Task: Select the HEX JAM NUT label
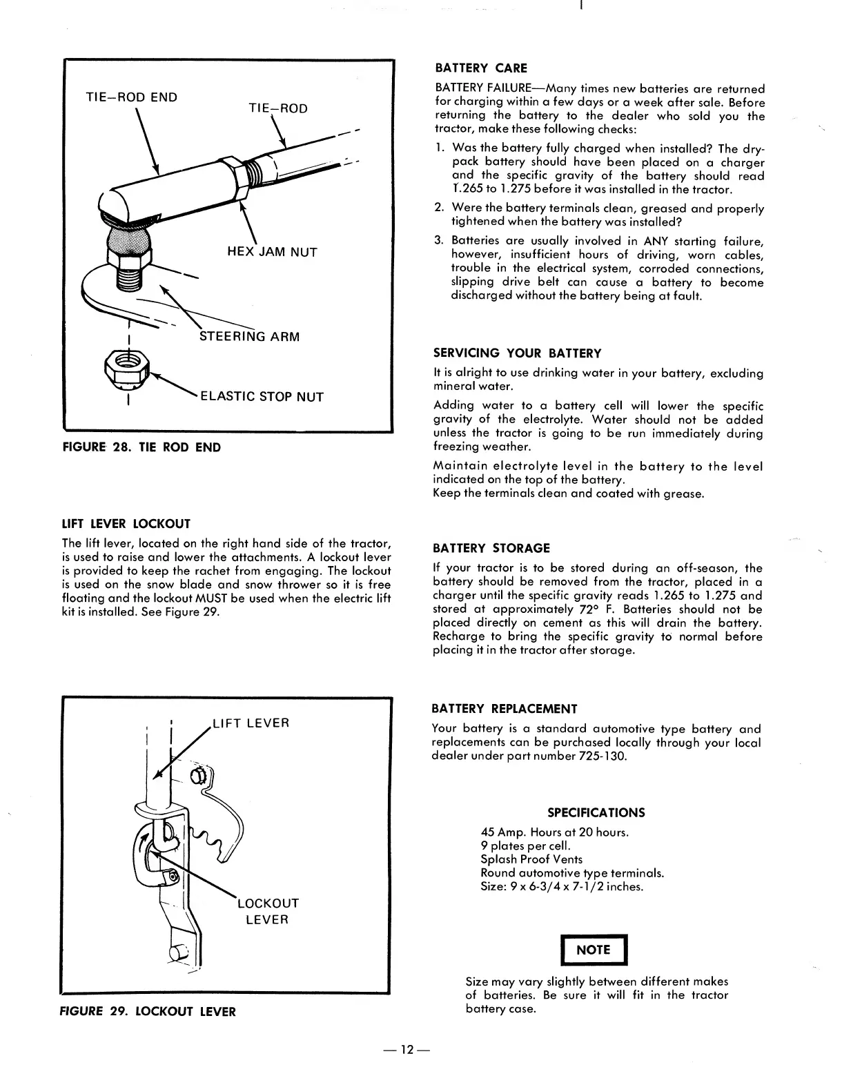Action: (x=272, y=252)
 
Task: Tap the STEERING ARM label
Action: (x=249, y=337)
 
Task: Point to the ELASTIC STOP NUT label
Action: (x=262, y=397)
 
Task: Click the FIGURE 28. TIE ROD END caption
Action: (x=141, y=447)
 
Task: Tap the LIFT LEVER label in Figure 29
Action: (x=251, y=723)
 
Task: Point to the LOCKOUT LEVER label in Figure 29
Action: (x=268, y=911)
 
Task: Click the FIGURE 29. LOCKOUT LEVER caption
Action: (x=148, y=1012)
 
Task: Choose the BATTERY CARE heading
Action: (x=480, y=68)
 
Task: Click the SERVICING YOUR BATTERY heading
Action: (x=517, y=353)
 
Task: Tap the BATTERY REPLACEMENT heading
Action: (x=504, y=709)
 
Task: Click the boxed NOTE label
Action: (x=593, y=950)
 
